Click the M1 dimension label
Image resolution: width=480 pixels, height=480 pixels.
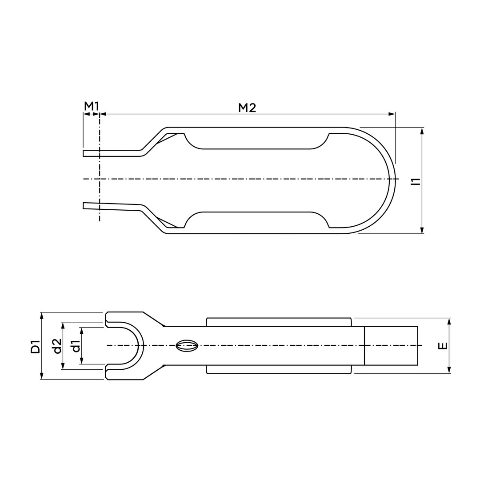92,107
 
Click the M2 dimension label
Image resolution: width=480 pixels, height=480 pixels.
247,108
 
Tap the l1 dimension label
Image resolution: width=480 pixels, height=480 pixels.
416,181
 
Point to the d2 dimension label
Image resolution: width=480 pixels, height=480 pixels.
57,346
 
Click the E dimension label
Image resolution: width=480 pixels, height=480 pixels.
443,346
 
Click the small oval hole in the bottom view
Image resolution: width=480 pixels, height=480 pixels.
187,346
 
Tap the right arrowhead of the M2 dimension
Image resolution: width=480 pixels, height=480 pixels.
392,114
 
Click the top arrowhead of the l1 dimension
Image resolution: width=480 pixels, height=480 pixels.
422,131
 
